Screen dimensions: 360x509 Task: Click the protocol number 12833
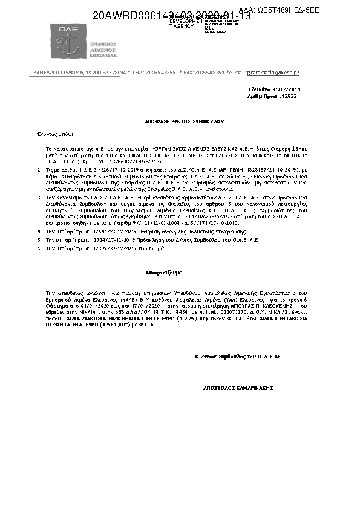click(x=290, y=96)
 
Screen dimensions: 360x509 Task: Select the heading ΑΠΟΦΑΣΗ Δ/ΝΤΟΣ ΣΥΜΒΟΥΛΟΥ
click(x=180, y=120)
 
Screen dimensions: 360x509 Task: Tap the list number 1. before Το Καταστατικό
click(x=39, y=148)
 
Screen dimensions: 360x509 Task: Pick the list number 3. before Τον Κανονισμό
click(x=39, y=198)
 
